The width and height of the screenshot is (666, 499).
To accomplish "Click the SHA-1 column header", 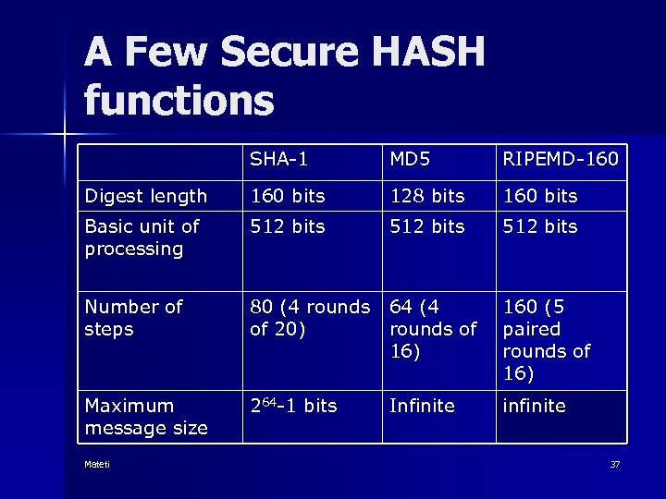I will click(278, 160).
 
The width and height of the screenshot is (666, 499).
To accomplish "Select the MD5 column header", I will click(410, 160).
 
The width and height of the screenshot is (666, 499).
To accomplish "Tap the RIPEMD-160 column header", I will click(560, 160).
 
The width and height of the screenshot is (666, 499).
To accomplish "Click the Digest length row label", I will click(146, 196).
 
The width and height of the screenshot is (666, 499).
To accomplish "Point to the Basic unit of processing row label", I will click(142, 237).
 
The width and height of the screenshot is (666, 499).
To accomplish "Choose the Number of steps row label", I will click(134, 317).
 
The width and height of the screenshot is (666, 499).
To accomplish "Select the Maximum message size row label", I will click(146, 417).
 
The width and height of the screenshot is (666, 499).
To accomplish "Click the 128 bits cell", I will click(426, 196).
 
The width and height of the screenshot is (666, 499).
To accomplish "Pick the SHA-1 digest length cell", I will click(288, 196).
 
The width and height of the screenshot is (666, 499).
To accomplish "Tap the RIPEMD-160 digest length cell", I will click(539, 196).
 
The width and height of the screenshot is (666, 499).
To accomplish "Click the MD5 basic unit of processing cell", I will click(426, 226).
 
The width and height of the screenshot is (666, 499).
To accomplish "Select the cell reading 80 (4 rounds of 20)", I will click(310, 317).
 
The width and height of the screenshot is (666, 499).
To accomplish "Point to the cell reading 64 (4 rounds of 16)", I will click(433, 328).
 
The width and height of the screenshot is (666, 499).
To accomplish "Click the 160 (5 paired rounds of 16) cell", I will click(546, 339).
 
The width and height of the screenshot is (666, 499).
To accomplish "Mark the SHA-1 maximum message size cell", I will click(293, 406).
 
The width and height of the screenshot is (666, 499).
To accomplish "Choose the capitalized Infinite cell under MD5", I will click(422, 406).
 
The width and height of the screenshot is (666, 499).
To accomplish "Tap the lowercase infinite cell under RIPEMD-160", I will click(534, 406).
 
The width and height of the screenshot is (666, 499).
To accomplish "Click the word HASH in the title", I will click(418, 54).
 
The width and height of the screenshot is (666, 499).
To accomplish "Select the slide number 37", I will click(615, 464).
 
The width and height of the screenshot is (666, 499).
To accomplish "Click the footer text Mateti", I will click(97, 464).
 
